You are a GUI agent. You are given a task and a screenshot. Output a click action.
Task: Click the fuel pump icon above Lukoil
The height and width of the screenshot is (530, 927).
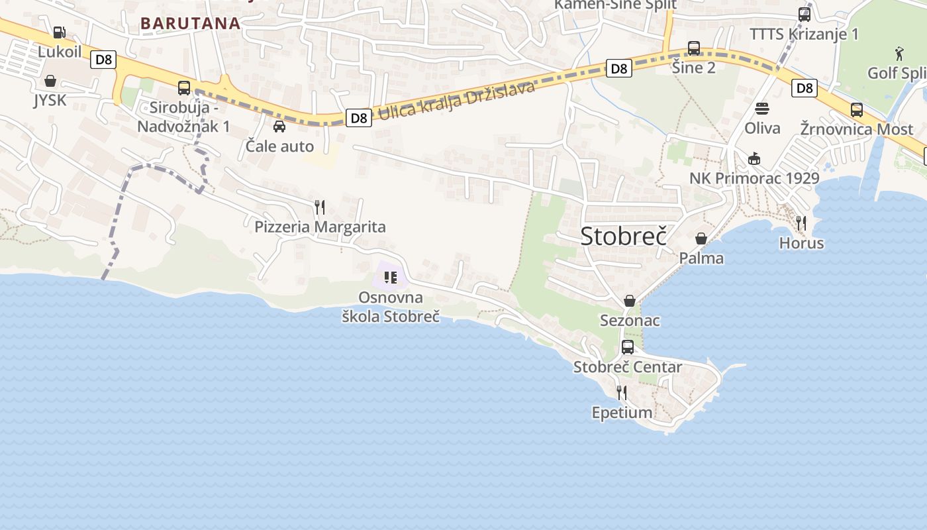(x=59, y=32)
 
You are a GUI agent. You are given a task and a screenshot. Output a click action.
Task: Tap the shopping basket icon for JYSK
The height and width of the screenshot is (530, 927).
(x=50, y=81)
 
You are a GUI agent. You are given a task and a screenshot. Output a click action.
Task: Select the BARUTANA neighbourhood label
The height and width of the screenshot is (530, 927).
(x=190, y=23)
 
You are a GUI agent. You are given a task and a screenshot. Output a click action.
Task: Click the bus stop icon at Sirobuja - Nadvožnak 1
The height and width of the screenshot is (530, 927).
(x=184, y=87)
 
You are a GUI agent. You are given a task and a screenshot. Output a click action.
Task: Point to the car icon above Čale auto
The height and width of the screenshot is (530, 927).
(x=279, y=126)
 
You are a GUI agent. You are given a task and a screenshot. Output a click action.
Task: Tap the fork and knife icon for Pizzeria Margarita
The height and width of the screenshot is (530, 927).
(x=320, y=207)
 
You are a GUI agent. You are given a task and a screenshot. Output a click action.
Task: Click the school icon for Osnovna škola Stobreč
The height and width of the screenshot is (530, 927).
(x=390, y=277)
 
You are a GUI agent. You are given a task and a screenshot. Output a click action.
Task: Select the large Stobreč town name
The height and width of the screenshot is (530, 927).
(x=623, y=237)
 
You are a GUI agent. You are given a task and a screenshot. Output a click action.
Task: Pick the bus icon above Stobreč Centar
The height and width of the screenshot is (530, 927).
(x=628, y=346)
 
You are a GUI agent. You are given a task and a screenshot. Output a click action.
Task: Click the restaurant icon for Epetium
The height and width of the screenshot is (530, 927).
(x=621, y=393)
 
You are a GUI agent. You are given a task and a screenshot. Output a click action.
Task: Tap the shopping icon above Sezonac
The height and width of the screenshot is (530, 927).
(x=630, y=301)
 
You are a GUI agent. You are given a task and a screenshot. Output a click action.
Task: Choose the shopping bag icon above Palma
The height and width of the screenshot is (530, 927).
(x=701, y=238)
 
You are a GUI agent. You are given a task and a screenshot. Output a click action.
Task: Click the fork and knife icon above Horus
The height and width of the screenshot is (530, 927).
(x=801, y=223)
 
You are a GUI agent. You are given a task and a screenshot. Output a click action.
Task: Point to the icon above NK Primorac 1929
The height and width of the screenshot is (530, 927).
(x=754, y=158)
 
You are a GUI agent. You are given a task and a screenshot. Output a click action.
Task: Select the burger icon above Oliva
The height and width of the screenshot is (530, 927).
(x=762, y=108)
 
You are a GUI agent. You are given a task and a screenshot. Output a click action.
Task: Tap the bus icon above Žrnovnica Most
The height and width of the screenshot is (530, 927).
(x=857, y=109)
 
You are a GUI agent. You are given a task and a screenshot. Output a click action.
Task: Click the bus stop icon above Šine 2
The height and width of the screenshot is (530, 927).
(x=694, y=48)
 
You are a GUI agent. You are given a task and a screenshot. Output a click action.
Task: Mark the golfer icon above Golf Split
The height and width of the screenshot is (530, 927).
(x=899, y=52)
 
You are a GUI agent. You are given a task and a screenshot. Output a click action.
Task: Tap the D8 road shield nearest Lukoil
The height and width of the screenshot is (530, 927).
(x=103, y=60)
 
